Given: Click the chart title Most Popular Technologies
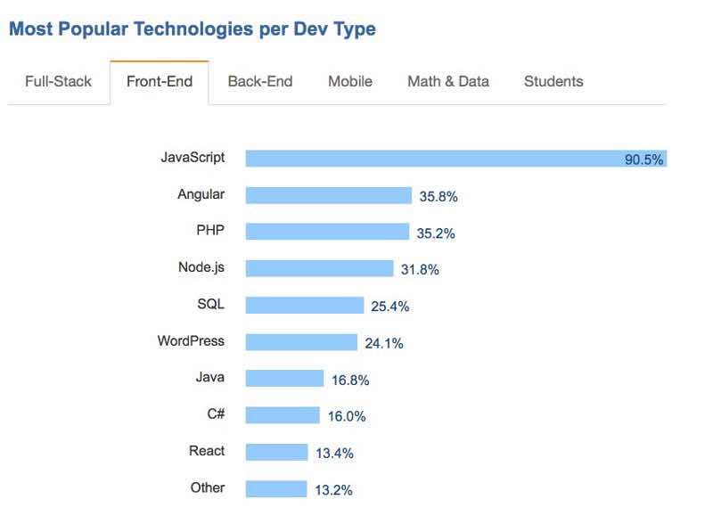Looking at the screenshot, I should pos(192,29).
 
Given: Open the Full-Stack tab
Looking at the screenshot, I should pos(58,81).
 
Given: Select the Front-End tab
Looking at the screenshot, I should pos(160,81).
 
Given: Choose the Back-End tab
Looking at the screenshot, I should pos(260,81).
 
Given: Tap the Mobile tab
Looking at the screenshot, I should pos(350,81).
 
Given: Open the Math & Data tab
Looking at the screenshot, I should pos(448,81).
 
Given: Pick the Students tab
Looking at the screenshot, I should pos(553,81).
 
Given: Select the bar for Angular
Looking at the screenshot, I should pos(328,195).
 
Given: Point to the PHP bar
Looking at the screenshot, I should pos(327,232).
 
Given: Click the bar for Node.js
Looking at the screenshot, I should pos(319,268).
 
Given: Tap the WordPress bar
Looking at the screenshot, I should pos(301,341).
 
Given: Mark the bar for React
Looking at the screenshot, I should pos(276,452).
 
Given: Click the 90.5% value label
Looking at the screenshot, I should pos(643,160).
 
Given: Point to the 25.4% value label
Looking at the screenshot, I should pos(390,307).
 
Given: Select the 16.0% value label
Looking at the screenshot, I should pos(347,416).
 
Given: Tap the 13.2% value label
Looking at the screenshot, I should pos(333,489).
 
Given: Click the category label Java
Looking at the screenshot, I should pos(210,378).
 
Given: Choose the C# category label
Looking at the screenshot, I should pos(215,414).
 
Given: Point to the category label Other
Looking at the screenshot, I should pos(208,487).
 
